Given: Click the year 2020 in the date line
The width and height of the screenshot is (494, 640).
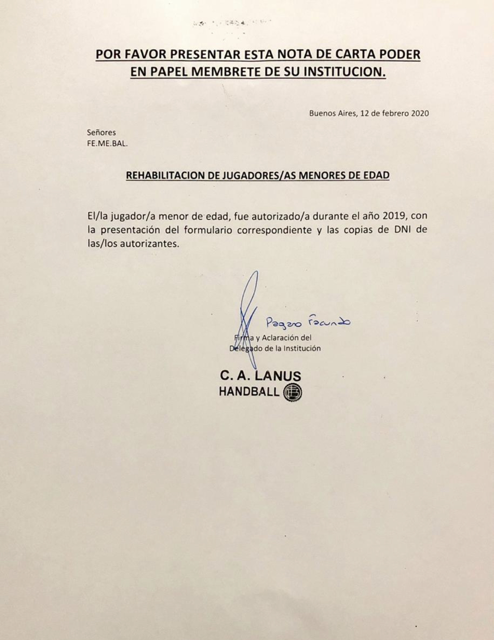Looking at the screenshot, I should (x=420, y=113).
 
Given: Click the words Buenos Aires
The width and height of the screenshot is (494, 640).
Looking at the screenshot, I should (x=333, y=113).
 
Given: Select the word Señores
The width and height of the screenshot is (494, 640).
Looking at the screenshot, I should (x=101, y=132).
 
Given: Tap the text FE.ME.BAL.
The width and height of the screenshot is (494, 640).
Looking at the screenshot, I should (x=107, y=144).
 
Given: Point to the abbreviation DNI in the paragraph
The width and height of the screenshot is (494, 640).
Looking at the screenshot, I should (x=400, y=230).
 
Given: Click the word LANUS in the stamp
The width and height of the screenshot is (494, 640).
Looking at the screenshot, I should (x=278, y=376).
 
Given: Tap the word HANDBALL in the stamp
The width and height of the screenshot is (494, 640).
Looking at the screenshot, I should (x=249, y=392).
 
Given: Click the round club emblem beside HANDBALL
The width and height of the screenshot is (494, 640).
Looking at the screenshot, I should (x=292, y=392).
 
